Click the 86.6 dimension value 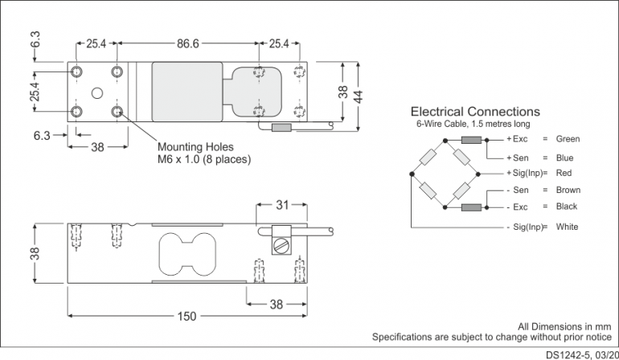pos(187,43)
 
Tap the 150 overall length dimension pos(186,317)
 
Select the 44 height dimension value pos(359,96)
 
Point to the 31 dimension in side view pos(281,206)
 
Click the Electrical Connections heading pos(475,112)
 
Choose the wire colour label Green pos(568,139)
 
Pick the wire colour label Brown pos(568,190)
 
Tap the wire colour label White pos(567,227)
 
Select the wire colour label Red pos(564,173)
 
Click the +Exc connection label pos(517,139)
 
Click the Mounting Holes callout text pos(195,147)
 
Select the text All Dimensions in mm pos(565,326)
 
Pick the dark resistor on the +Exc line pos(472,140)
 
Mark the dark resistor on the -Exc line pos(472,207)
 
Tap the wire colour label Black pos(567,207)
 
